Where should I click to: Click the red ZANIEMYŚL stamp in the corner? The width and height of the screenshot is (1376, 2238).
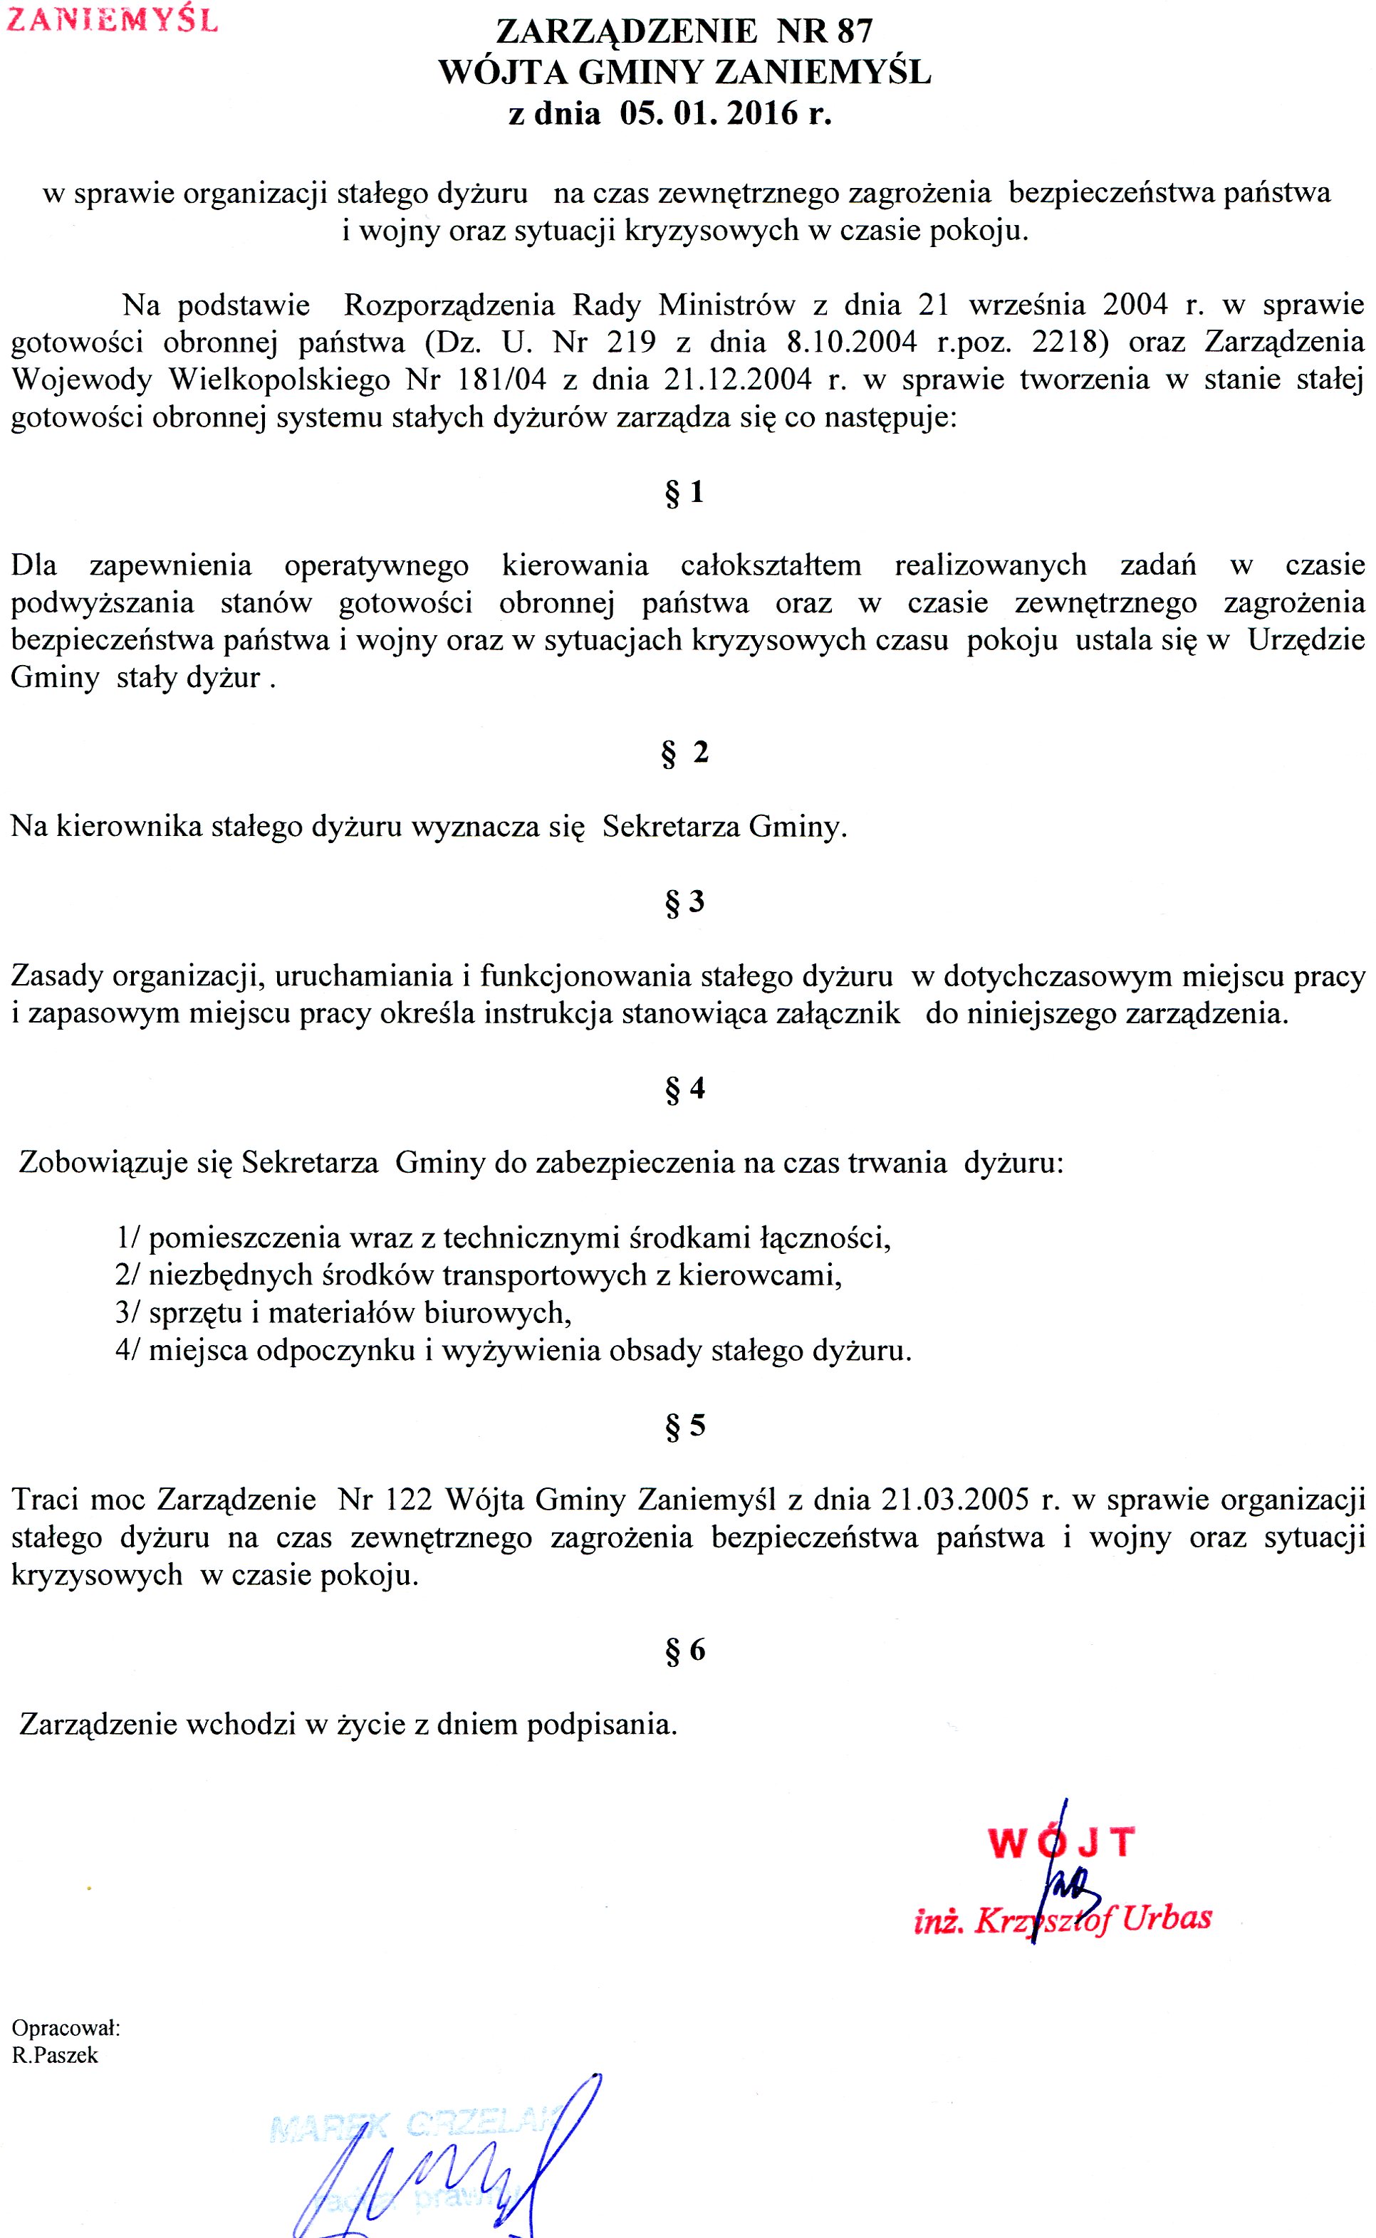pos(112,20)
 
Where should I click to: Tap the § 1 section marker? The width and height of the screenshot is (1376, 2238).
pos(684,492)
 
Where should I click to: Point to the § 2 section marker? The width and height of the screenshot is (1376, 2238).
pos(684,753)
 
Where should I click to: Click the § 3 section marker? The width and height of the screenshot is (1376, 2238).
pos(684,901)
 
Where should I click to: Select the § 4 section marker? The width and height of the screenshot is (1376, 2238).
pos(684,1088)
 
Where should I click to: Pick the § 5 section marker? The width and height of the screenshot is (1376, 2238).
pos(684,1425)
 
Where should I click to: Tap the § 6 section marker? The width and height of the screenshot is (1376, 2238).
pos(684,1649)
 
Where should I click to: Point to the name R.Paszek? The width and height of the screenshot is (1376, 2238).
pos(55,2055)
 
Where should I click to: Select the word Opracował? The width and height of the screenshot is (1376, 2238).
pos(66,2028)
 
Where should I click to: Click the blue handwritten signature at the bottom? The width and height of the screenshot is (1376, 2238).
pos(437,2175)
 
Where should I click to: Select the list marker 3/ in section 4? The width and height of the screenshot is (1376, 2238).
pos(127,1313)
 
